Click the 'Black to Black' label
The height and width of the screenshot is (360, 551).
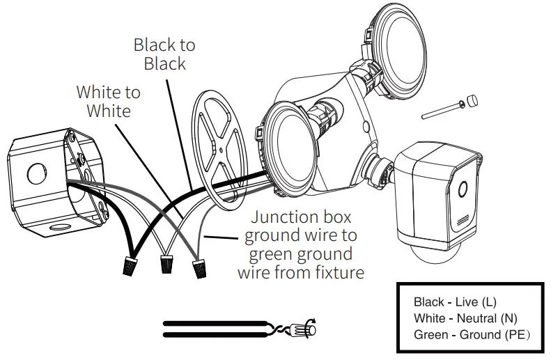click(x=164, y=54)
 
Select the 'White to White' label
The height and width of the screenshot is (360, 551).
click(x=108, y=101)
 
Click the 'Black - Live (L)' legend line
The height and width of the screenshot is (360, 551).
click(x=455, y=302)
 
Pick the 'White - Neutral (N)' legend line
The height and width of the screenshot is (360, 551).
click(x=465, y=318)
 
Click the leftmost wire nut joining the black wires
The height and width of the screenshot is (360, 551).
click(x=130, y=265)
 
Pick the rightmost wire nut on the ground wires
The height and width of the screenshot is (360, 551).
click(x=201, y=267)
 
